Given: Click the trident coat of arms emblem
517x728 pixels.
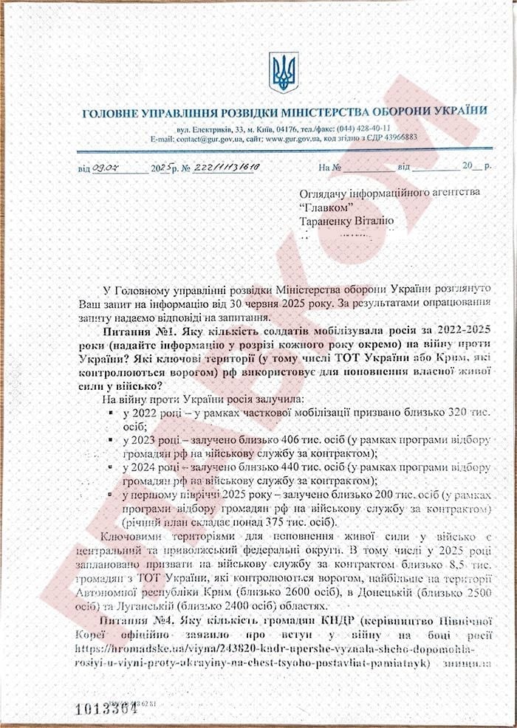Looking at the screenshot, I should (x=284, y=72).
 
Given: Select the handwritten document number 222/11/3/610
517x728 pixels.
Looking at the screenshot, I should (x=227, y=168).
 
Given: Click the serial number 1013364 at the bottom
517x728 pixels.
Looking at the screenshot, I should (x=107, y=707).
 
